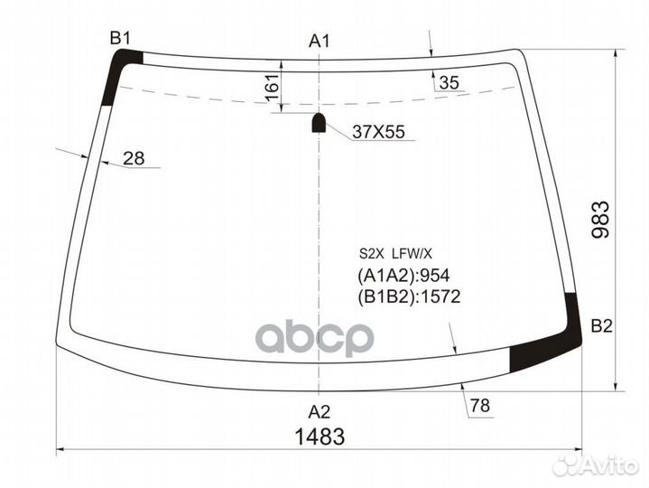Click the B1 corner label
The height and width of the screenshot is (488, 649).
point(120,37)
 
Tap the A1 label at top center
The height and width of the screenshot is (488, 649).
point(320,41)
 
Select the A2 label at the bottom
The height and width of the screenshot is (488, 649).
point(320,412)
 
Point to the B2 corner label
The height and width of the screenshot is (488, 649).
point(602,327)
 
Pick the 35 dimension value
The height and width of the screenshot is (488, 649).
point(449,84)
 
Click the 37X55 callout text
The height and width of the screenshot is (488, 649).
point(377,133)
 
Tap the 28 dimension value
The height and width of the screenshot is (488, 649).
point(134,159)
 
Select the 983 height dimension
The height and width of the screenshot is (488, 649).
point(602,221)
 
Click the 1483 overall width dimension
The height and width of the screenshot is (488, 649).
point(320,436)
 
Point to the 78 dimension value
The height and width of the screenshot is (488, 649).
point(479,407)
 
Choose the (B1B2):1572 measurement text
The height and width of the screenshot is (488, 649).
point(409,296)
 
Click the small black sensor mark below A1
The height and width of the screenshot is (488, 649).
point(319,122)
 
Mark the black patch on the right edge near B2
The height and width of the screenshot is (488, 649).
point(570,321)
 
